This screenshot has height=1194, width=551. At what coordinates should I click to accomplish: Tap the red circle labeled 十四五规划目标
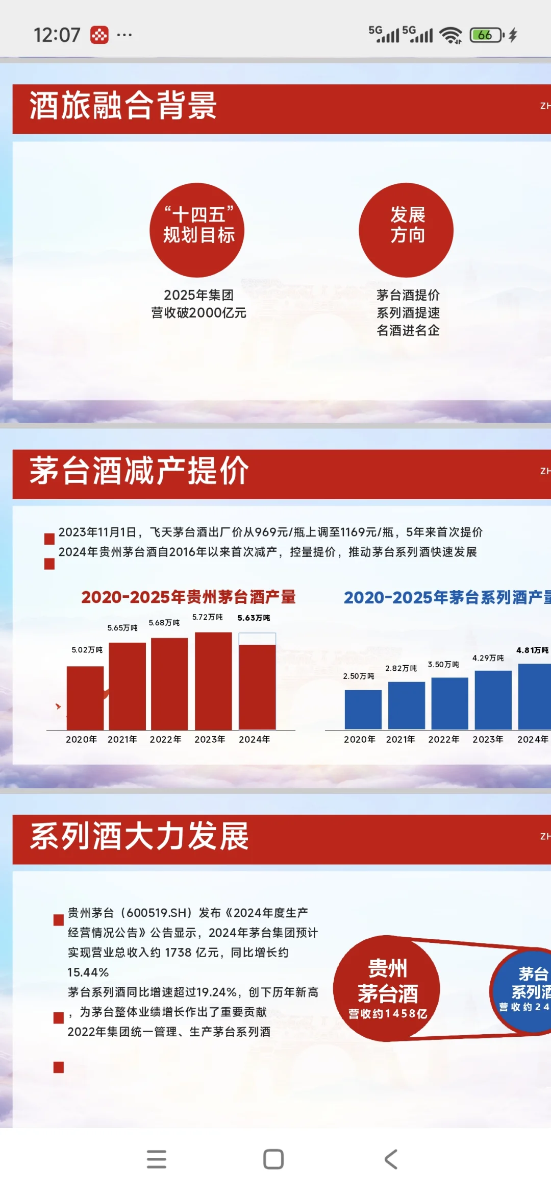coord(197,230)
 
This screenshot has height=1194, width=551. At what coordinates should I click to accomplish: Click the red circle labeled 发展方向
coord(406,230)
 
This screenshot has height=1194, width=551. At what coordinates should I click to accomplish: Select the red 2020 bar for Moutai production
coord(85,698)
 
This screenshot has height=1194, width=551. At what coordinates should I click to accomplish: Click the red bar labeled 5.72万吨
coord(213,681)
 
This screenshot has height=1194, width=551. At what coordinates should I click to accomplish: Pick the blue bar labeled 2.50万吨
coord(363,710)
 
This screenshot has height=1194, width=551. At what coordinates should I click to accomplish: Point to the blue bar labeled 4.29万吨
coord(493,700)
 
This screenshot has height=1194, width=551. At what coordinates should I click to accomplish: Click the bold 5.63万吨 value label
coord(254,618)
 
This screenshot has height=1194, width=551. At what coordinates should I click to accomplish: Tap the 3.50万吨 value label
coord(443,665)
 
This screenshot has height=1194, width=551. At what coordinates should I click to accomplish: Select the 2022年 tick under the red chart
coord(165,739)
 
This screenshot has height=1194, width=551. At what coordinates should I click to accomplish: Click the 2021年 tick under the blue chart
coord(400,739)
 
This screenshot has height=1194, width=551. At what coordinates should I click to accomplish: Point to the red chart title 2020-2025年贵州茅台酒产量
coord(188,597)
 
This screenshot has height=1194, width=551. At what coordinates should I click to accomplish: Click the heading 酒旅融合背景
coord(123,106)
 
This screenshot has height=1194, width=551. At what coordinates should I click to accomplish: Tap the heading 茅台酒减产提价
coord(139,471)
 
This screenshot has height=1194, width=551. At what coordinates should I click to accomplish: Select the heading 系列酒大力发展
coord(139,836)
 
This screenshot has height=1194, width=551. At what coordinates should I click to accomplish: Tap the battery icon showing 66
coord(486,35)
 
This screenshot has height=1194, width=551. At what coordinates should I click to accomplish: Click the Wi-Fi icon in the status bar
coord(451,35)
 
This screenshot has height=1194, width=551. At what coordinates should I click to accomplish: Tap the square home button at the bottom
coord(273,1159)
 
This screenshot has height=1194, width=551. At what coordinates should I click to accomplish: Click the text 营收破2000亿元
coord(198,312)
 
